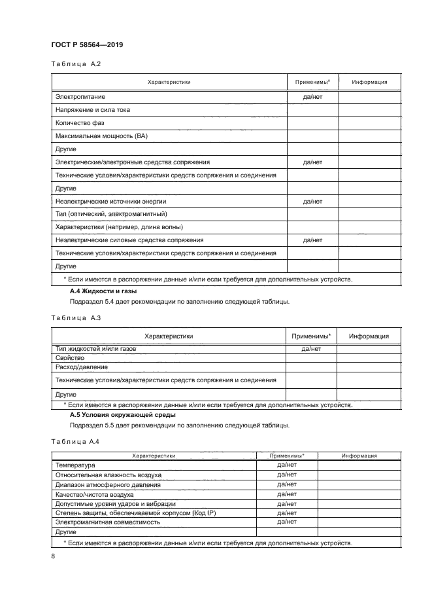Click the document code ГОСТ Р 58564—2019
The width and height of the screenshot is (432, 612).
point(87,45)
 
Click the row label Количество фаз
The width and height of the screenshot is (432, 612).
point(80,122)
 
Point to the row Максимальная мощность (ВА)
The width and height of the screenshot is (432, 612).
point(101,135)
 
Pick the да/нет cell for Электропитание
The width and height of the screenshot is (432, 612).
point(312,97)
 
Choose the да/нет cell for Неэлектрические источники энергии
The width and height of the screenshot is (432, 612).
point(312,201)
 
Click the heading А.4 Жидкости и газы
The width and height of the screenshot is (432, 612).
point(103,290)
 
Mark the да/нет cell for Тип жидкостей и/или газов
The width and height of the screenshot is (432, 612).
point(311,350)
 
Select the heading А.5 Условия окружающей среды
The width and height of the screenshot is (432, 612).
point(123,414)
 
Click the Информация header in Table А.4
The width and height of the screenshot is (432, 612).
point(357,456)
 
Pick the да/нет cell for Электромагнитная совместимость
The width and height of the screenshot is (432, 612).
point(288,522)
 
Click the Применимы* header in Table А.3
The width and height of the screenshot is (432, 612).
point(311,336)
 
